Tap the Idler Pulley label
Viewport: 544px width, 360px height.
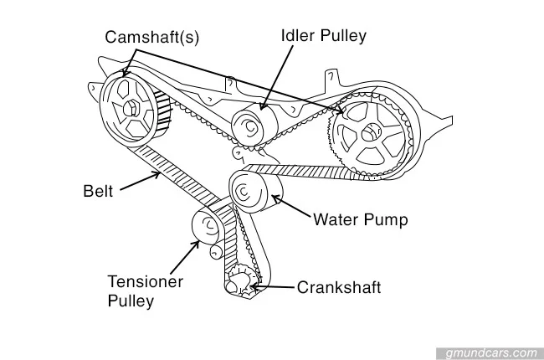(324, 36)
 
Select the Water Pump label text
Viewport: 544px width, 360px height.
(360, 221)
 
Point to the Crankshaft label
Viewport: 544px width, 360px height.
(339, 288)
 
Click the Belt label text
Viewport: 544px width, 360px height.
(100, 189)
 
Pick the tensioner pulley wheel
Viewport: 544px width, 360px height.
(205, 226)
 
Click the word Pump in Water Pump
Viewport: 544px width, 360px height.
(387, 221)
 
